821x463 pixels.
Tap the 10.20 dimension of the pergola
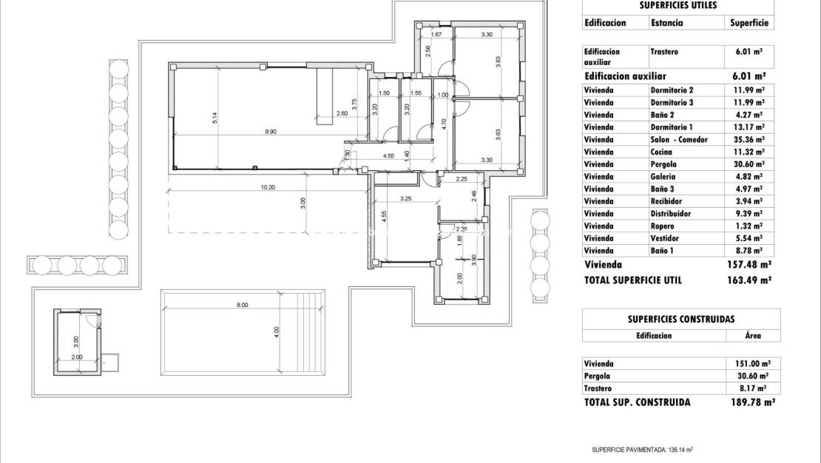(267, 187)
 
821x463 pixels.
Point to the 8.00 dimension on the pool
(242, 305)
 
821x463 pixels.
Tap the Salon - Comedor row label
(679, 139)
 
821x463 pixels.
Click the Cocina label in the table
(662, 152)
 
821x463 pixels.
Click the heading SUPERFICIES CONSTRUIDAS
(680, 320)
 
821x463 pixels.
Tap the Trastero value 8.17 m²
(749, 388)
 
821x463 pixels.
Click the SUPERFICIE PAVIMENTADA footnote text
(642, 449)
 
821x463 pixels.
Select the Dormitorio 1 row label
(672, 126)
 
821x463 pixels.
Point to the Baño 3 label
(663, 189)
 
